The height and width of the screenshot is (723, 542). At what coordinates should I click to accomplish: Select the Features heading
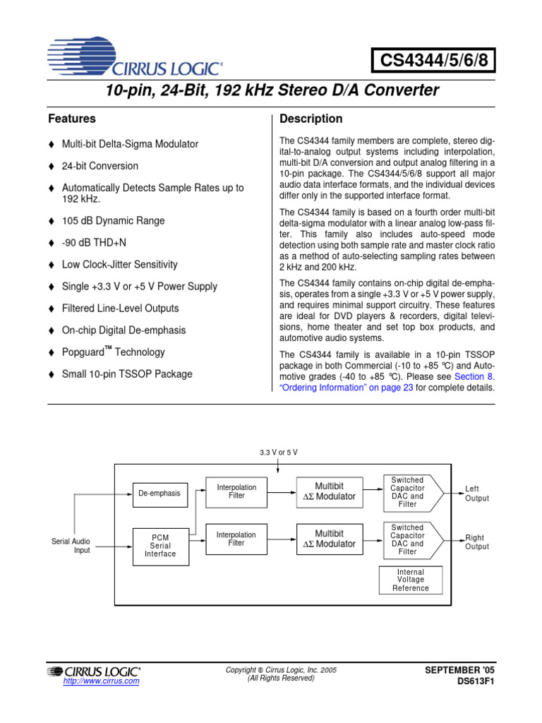[71, 119]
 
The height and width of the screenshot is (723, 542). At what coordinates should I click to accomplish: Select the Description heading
[311, 119]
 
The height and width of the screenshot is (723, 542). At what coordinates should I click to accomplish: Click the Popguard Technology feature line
[113, 352]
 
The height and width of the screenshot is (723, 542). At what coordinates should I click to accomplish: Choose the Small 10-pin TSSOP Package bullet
[126, 374]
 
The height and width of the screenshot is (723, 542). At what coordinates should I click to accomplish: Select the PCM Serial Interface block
[161, 545]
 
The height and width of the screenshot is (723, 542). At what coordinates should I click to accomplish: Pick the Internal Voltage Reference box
[411, 580]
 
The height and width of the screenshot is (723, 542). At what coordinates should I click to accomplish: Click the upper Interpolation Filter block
[236, 492]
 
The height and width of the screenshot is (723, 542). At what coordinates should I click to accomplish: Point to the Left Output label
[476, 493]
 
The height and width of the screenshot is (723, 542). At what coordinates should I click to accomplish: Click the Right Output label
[476, 542]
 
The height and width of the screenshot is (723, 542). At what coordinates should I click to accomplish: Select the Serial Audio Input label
[71, 545]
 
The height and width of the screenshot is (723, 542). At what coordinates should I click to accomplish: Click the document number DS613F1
[476, 682]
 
